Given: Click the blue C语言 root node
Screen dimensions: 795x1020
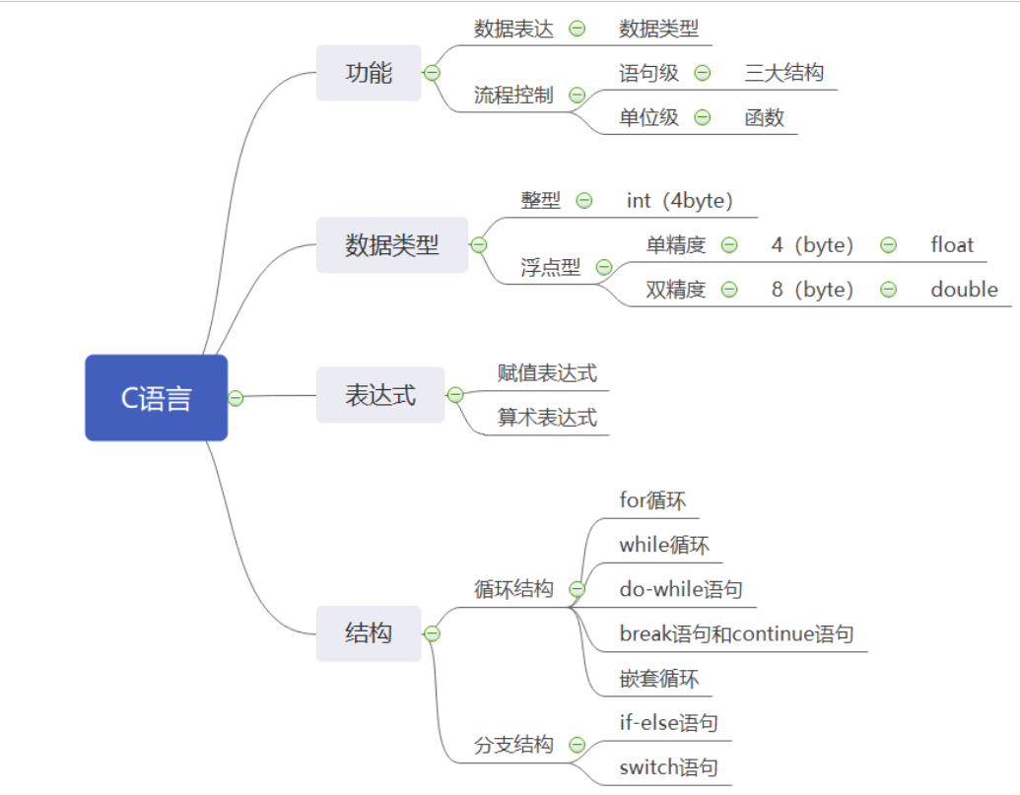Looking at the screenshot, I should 156,398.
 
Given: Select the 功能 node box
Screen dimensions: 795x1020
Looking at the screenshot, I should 369,73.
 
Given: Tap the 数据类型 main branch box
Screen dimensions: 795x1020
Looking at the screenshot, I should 391,245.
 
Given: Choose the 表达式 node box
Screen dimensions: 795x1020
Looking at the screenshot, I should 379,395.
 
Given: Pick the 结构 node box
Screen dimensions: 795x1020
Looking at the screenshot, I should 369,633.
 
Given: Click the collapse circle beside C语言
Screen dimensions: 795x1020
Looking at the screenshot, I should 236,398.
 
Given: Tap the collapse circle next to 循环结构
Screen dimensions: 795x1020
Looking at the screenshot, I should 578,589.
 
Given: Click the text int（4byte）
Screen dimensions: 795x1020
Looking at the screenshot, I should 680,201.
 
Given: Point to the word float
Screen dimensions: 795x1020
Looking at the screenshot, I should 952,245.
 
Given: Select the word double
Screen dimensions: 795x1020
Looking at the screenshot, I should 964,290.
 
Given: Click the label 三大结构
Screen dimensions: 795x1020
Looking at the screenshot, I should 784,73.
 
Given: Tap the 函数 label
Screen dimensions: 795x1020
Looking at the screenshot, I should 765,117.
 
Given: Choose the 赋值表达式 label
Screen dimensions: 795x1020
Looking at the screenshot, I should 547,373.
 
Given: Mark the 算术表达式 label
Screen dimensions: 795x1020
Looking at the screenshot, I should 547,418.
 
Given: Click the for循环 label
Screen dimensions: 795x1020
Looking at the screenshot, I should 651,500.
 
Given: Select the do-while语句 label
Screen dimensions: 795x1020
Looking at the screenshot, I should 680,589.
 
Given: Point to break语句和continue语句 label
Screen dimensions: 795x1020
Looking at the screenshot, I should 736,633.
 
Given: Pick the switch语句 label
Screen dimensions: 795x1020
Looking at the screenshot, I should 668,767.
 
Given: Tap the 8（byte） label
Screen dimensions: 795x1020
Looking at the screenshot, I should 813,290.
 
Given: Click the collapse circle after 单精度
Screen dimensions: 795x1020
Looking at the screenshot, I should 729,245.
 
